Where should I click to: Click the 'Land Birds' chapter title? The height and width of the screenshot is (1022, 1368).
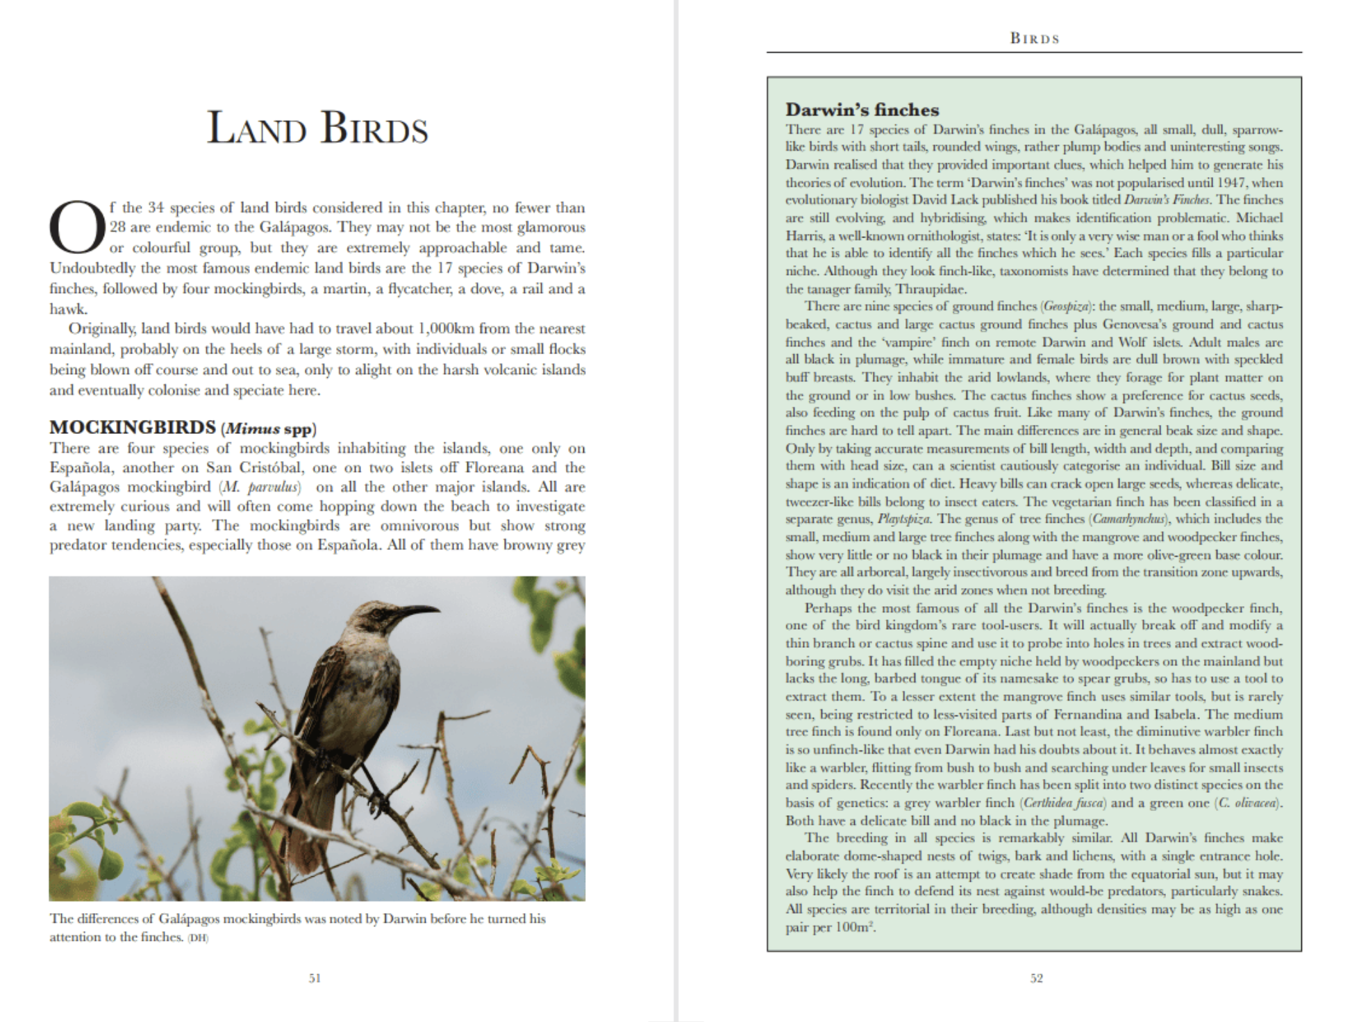(x=317, y=129)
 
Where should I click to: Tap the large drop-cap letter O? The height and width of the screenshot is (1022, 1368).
(x=77, y=227)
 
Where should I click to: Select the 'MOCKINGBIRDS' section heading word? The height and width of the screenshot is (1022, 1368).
(x=133, y=427)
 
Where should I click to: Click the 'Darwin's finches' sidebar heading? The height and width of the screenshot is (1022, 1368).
(x=862, y=110)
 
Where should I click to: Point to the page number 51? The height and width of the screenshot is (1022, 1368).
(x=315, y=978)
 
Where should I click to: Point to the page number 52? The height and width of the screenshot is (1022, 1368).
(x=1036, y=978)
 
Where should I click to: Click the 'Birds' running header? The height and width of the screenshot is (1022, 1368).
(x=1035, y=39)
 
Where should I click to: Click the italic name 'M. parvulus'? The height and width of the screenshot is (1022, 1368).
(x=259, y=487)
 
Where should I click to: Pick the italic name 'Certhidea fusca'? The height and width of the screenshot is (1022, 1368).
(x=1065, y=803)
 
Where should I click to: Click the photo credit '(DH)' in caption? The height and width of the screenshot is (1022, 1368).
(x=198, y=938)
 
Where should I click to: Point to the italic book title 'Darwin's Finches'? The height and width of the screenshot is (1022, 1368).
(x=1167, y=200)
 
